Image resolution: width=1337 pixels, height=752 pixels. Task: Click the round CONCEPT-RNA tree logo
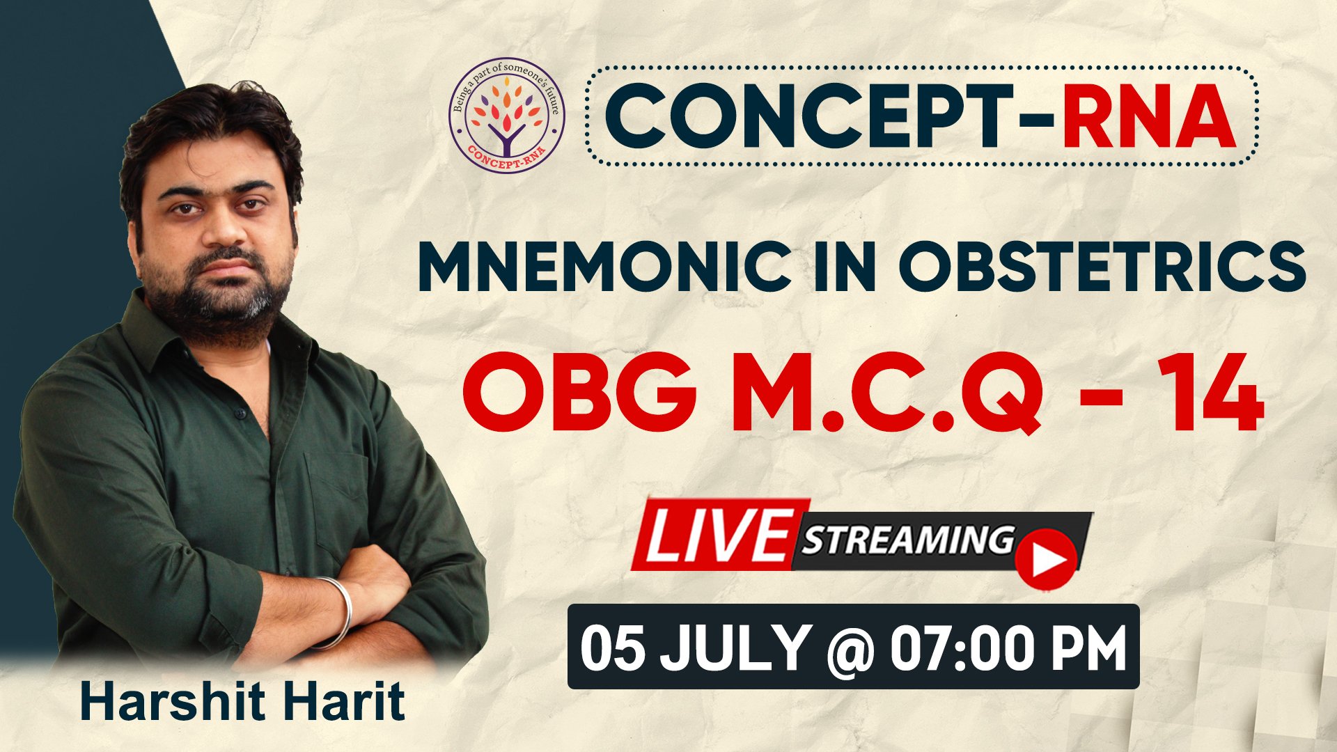[506, 116]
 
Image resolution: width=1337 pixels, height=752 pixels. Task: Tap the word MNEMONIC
[605, 267]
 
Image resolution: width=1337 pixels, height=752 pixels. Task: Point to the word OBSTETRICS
[1102, 267]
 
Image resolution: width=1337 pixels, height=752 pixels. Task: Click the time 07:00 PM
[1008, 648]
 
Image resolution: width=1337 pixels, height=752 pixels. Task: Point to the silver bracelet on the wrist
[338, 611]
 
